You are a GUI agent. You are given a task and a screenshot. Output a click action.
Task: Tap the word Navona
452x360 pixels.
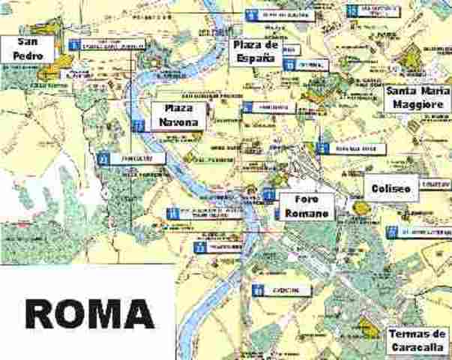[x=178, y=121]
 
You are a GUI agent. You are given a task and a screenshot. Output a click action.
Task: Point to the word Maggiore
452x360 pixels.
[x=416, y=105]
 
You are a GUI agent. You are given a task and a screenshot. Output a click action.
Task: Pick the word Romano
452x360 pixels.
[x=307, y=214]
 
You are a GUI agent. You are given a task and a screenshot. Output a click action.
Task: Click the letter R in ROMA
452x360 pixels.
[x=43, y=314]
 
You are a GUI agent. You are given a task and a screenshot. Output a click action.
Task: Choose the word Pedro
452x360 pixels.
[x=28, y=56]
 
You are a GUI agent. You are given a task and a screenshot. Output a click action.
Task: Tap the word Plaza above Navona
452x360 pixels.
[x=178, y=109]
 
